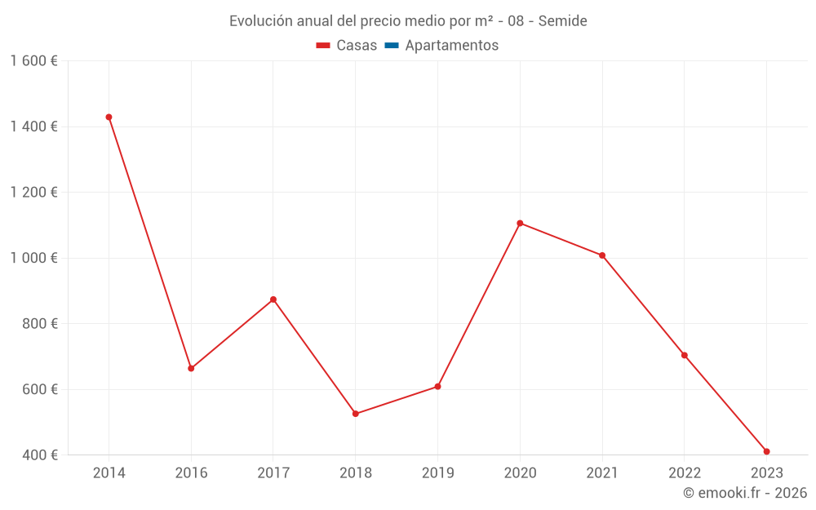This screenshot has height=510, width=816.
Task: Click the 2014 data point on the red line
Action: [109, 117]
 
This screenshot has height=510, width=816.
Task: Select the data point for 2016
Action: [191, 368]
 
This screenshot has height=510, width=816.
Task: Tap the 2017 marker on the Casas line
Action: [273, 299]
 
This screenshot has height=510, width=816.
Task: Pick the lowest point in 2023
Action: [767, 451]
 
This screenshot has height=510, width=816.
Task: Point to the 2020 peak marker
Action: [520, 223]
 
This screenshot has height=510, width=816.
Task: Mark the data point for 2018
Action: [356, 414]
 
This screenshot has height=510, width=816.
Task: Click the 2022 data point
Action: [685, 355]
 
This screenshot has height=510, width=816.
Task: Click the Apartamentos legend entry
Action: [451, 46]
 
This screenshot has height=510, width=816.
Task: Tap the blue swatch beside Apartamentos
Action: [391, 46]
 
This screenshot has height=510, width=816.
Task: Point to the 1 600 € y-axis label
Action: [34, 61]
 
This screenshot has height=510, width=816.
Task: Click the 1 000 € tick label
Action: [34, 258]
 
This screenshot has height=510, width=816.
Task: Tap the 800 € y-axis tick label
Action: [38, 323]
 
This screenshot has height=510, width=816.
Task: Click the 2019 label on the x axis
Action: [437, 473]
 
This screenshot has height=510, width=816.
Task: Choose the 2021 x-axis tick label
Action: [602, 473]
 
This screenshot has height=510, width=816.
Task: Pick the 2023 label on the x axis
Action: [767, 473]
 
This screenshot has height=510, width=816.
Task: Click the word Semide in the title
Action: [562, 21]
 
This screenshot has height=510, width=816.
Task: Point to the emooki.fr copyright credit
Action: [745, 493]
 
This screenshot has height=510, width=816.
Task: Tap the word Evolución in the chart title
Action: [259, 21]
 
